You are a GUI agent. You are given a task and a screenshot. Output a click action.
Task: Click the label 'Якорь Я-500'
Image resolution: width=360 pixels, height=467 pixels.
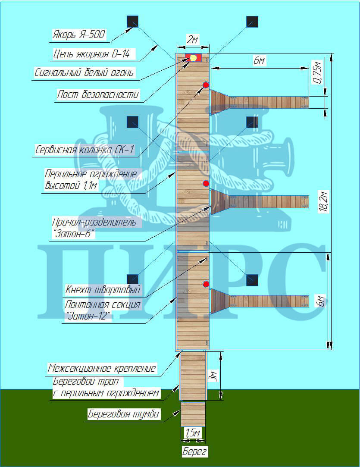78,34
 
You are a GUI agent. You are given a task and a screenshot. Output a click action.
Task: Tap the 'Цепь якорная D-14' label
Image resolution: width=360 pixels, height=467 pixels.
91,54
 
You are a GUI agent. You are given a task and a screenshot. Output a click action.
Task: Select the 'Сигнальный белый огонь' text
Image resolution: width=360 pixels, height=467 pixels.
84,72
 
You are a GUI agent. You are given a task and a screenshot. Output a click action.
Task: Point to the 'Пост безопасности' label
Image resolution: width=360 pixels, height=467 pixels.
98,94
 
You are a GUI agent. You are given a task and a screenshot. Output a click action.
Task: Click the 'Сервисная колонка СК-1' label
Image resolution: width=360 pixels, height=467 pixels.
85,150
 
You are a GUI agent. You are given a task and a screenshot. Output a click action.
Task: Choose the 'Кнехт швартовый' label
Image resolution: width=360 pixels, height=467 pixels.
103,289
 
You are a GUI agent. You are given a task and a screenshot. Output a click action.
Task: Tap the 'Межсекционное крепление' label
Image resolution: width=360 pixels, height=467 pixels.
102,368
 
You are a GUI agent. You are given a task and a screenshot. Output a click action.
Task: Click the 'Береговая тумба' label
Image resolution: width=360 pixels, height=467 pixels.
123,414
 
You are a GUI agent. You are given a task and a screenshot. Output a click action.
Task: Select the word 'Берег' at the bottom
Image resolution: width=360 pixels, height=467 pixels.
194,451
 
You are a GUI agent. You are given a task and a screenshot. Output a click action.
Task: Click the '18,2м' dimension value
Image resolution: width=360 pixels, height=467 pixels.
324,201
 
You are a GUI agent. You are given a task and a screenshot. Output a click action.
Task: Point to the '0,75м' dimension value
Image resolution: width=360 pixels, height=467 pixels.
317,73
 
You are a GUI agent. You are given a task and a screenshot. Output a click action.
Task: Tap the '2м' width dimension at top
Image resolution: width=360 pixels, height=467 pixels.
193,39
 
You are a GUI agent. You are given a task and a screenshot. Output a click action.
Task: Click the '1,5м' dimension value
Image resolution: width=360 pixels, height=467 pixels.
193,433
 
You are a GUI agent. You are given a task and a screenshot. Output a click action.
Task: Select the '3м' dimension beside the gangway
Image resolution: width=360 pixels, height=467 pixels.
213,376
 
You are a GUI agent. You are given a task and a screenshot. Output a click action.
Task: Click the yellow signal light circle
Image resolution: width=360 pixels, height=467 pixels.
193,58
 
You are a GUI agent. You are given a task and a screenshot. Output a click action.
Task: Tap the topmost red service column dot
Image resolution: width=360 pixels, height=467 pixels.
206,85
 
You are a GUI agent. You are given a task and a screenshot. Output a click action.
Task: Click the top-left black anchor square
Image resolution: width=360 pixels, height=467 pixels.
132,22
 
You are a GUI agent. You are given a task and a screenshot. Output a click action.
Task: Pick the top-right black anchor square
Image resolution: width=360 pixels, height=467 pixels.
252,22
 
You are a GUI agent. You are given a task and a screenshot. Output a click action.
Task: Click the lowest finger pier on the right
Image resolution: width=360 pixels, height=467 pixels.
260,301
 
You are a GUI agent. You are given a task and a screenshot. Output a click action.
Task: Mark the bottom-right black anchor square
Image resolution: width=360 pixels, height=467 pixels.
252,280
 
